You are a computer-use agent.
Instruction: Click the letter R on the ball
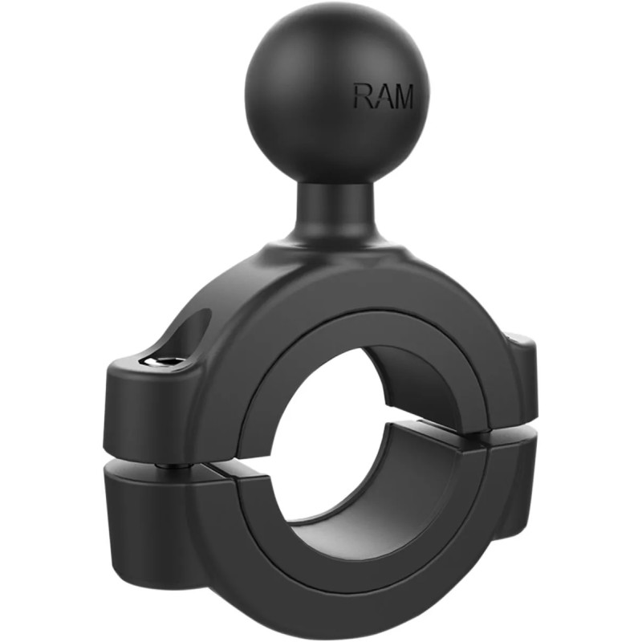(x=364, y=96)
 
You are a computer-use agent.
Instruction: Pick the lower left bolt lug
(x=148, y=514)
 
